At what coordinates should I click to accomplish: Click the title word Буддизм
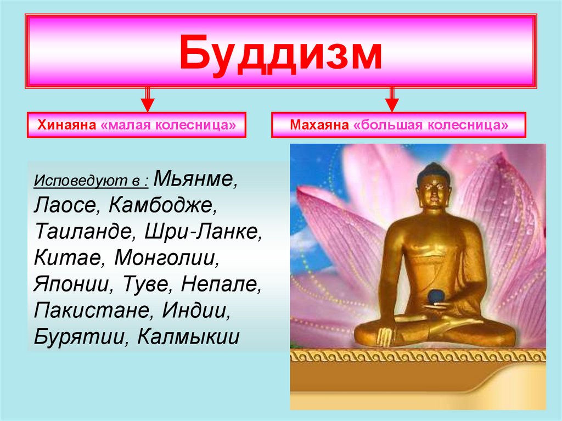pyautogui.click(x=280, y=53)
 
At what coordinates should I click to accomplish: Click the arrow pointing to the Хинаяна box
pyautogui.click(x=147, y=99)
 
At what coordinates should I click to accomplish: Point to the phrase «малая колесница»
pyautogui.click(x=168, y=125)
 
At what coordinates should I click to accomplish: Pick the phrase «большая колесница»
pyautogui.click(x=431, y=125)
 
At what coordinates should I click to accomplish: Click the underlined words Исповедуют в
pyautogui.click(x=92, y=181)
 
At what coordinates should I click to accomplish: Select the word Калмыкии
pyautogui.click(x=188, y=335)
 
